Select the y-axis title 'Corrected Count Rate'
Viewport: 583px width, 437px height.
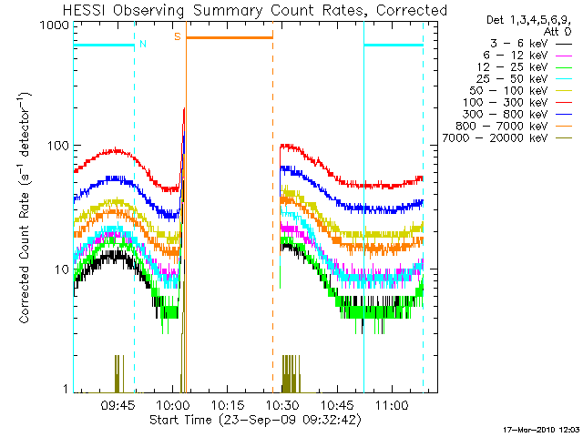pyautogui.click(x=26, y=228)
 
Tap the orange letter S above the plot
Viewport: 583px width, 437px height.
pyautogui.click(x=177, y=36)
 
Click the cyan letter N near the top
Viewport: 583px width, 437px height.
pyautogui.click(x=142, y=44)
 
